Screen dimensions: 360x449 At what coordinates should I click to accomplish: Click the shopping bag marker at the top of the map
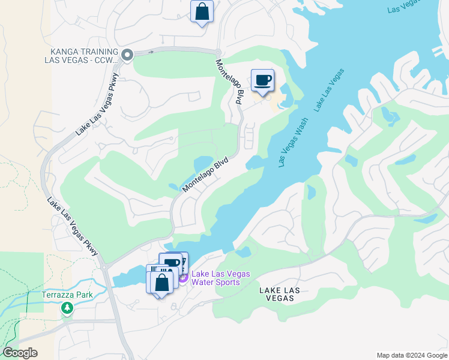(x=202, y=11)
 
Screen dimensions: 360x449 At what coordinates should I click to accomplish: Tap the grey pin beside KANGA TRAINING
(x=127, y=55)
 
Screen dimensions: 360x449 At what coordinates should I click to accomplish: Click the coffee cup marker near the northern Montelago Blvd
(x=262, y=80)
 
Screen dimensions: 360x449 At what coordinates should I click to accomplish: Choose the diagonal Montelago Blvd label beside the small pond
(x=206, y=174)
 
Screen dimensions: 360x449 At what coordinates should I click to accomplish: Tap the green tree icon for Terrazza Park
(x=67, y=308)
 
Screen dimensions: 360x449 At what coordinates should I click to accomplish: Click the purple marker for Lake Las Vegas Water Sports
(x=183, y=277)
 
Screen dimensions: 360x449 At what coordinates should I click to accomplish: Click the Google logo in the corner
(x=20, y=353)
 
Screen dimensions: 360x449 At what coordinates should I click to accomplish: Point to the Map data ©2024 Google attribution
(x=411, y=355)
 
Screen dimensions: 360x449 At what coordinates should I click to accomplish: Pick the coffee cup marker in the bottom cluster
(x=172, y=263)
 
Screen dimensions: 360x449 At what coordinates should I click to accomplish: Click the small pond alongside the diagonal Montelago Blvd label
(x=203, y=164)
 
